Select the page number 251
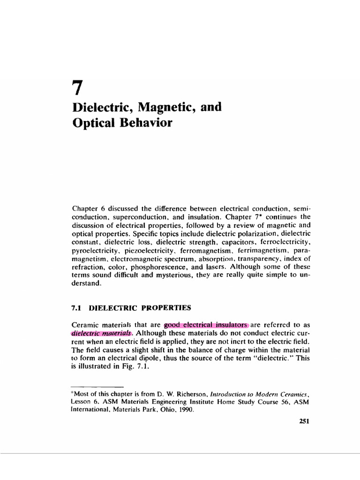tap(304, 421)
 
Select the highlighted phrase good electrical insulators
tap(206, 324)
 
